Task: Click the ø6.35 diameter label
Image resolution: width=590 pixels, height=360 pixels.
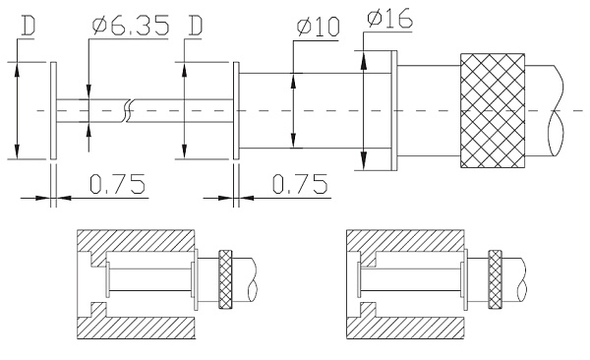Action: coord(131,26)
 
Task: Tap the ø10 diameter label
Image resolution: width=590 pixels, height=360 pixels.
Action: coord(318,27)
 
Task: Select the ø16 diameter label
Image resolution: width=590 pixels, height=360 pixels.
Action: coord(389,18)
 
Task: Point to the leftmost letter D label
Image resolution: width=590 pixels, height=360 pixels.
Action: coord(29,26)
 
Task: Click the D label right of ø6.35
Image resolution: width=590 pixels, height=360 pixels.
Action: coord(196,26)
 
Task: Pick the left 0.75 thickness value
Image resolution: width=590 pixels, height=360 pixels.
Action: coord(117,184)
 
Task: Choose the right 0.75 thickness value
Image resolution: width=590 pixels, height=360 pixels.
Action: coord(300,184)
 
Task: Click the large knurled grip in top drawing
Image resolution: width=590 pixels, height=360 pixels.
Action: coord(493,111)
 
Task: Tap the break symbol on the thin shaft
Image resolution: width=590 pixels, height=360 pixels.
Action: coord(128,111)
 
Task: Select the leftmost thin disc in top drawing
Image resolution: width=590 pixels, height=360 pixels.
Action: coord(53,111)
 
